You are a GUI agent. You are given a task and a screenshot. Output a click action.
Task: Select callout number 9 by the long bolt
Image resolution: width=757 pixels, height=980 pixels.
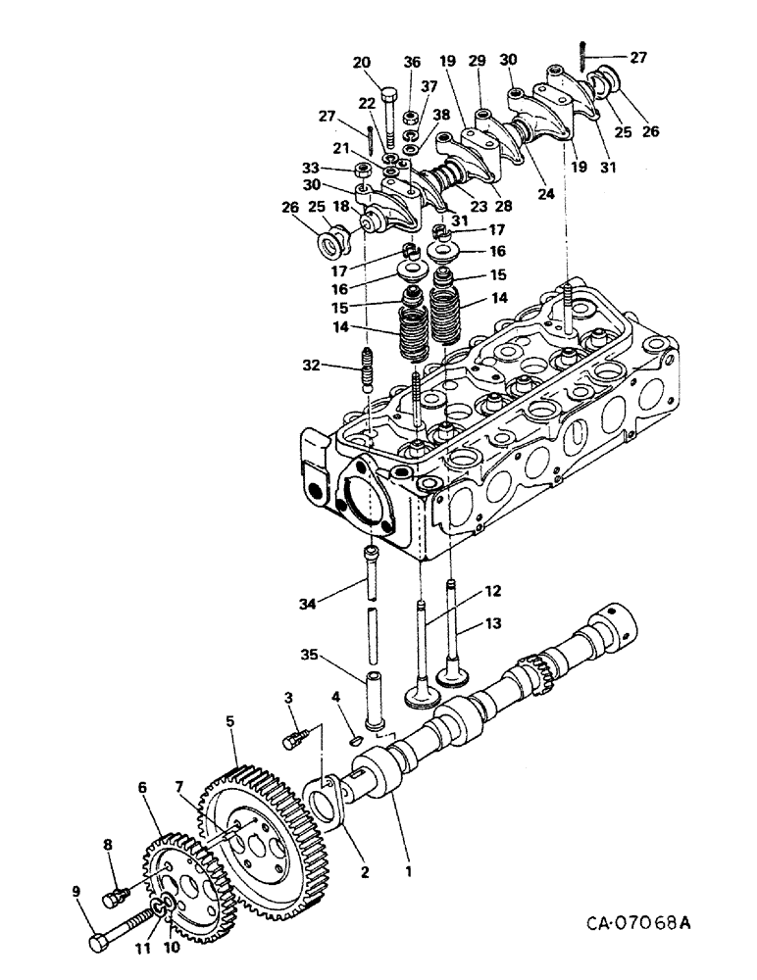click(76, 891)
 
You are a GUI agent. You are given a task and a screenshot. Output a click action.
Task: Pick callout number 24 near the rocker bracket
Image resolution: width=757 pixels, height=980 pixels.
click(545, 194)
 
